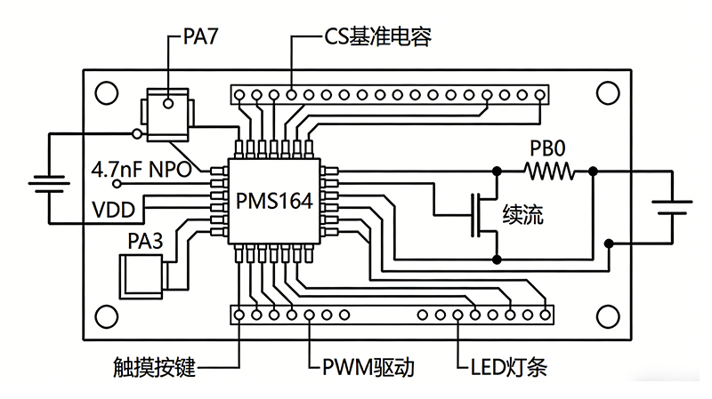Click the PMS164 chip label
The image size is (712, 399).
tap(274, 201)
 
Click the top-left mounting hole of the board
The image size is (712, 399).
tap(107, 92)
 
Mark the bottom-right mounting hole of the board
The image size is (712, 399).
tap(607, 315)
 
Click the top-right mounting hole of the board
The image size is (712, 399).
tap(607, 92)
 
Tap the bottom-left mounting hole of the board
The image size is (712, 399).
tap(107, 315)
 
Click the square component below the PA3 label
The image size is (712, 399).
tap(142, 273)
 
